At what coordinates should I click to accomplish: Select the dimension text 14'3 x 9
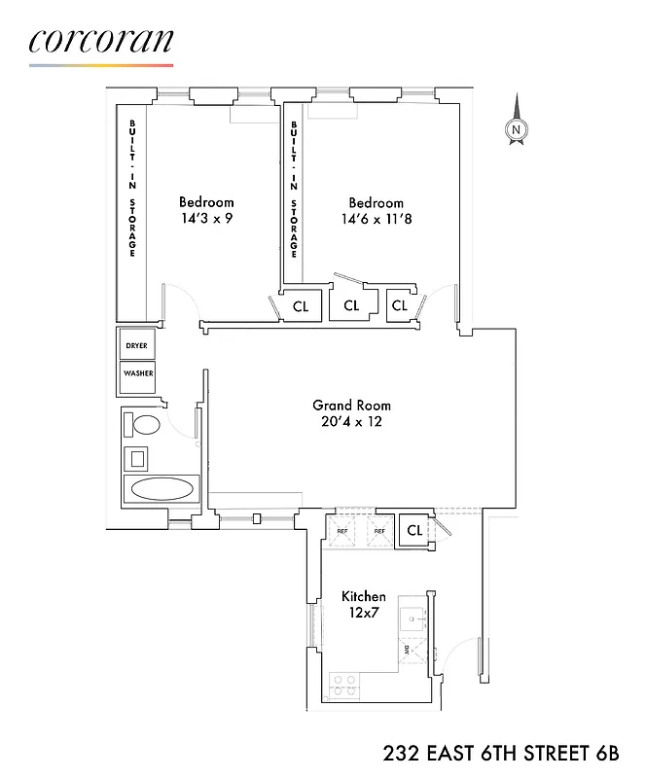(x=205, y=218)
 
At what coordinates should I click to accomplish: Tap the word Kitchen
(x=363, y=596)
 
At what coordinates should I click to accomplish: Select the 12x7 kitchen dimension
(x=363, y=613)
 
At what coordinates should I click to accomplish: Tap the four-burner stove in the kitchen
(x=343, y=685)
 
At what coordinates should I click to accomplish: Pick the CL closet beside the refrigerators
(x=414, y=531)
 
